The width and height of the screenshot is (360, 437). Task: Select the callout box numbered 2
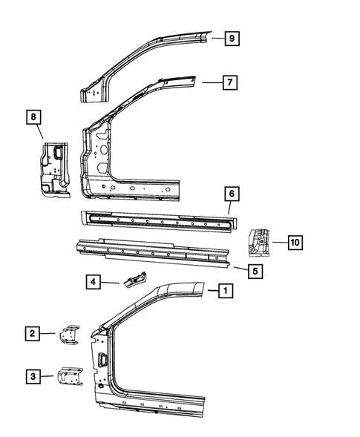point(31,334)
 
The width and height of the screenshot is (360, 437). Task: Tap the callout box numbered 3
point(31,377)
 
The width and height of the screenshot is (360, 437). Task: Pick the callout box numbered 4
point(93,282)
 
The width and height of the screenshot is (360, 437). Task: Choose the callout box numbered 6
point(232,194)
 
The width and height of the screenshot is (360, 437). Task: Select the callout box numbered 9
point(232,38)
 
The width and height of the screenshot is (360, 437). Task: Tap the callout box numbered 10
point(295,242)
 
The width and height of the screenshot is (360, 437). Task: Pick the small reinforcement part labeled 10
point(259,242)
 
